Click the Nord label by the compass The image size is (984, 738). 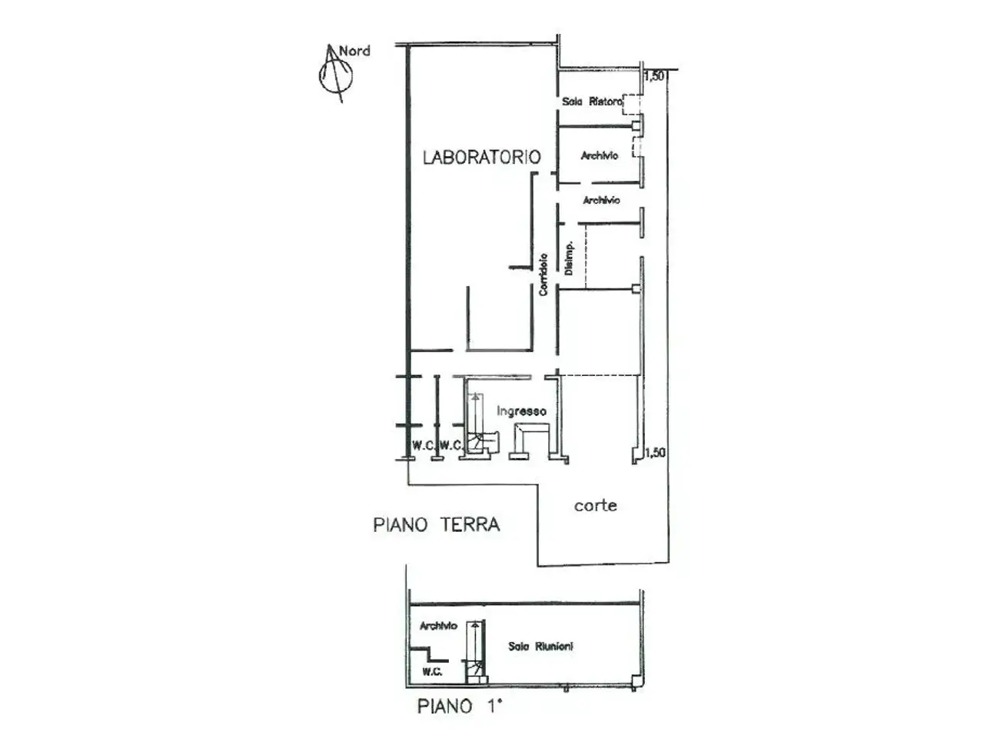[x=354, y=51]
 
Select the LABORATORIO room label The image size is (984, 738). [x=482, y=157]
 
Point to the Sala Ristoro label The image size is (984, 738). [x=592, y=101]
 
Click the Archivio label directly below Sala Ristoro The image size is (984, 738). [x=600, y=155]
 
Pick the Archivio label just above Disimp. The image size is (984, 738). [x=601, y=200]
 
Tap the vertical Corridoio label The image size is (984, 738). [x=544, y=274]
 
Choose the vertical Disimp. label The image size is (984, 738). [x=568, y=258]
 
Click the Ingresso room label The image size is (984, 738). [x=521, y=411]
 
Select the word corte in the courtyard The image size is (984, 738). [x=595, y=505]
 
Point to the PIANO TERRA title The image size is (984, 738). [x=436, y=524]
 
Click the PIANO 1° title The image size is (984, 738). [x=459, y=706]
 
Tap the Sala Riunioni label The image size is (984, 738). [x=540, y=647]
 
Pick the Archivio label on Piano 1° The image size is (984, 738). [x=438, y=626]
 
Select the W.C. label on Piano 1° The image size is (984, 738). [x=432, y=672]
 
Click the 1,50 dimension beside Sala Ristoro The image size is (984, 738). [x=654, y=76]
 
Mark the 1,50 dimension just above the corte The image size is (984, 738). [x=655, y=453]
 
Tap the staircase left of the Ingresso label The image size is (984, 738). [x=480, y=424]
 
